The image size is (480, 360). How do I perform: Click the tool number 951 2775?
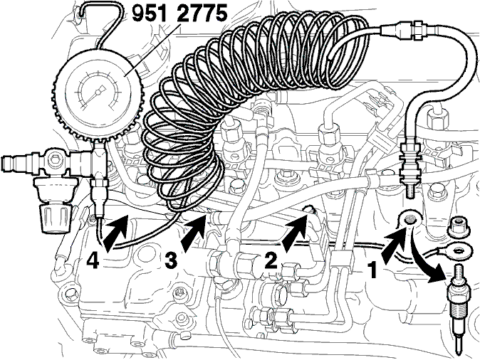pos(179,14)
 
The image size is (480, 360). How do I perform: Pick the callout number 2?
pos(271,260)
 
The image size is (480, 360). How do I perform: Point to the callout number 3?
pos(171,260)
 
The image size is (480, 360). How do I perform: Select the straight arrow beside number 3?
pos(193,235)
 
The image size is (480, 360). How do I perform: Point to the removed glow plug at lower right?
pos(456,309)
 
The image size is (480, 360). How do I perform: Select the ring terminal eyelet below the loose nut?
pos(457,250)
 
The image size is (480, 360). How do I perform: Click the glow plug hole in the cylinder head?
pos(409,219)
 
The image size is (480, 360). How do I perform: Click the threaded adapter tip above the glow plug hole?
pos(410,191)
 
